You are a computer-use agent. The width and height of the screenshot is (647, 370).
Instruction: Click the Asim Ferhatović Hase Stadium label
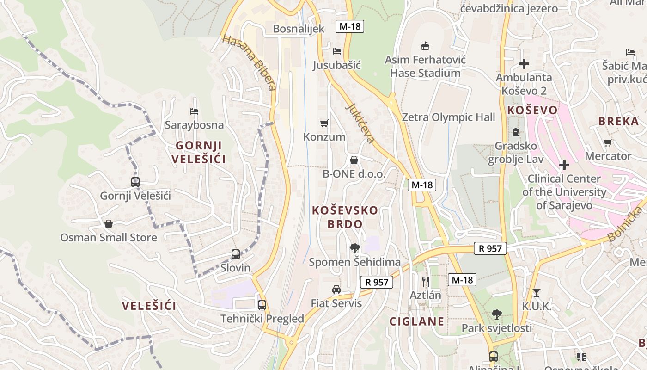(425, 66)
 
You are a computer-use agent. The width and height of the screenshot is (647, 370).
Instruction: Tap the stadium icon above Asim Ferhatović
(425, 46)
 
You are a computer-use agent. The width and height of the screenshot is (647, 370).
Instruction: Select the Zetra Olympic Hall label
(448, 117)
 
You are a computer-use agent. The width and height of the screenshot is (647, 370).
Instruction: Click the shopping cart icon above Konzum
(324, 123)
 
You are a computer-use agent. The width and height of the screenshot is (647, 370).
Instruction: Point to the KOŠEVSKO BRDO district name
(345, 217)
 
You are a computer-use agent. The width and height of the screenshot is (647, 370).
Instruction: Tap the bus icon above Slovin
(236, 254)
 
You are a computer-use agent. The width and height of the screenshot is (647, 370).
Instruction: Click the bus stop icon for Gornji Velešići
(135, 182)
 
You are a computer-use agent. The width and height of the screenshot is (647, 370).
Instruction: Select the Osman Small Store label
(109, 237)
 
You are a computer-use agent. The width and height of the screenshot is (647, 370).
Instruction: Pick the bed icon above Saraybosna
(194, 111)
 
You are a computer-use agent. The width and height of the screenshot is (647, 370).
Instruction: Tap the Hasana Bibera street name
(249, 62)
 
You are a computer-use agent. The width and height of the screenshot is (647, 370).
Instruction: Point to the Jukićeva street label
(360, 123)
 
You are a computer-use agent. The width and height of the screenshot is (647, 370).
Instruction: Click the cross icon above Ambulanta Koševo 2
(524, 64)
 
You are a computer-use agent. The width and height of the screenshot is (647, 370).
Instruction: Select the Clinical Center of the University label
(564, 191)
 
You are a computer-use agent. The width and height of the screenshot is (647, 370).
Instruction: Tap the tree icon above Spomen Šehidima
(354, 248)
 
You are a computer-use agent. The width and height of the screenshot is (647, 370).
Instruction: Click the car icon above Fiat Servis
(336, 290)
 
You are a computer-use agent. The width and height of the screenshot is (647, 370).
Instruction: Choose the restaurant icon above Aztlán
(426, 281)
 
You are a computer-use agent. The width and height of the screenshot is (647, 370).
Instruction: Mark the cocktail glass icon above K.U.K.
(536, 292)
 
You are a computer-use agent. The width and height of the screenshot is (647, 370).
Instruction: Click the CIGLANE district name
(417, 321)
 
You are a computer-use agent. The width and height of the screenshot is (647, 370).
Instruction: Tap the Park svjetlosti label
(497, 328)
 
